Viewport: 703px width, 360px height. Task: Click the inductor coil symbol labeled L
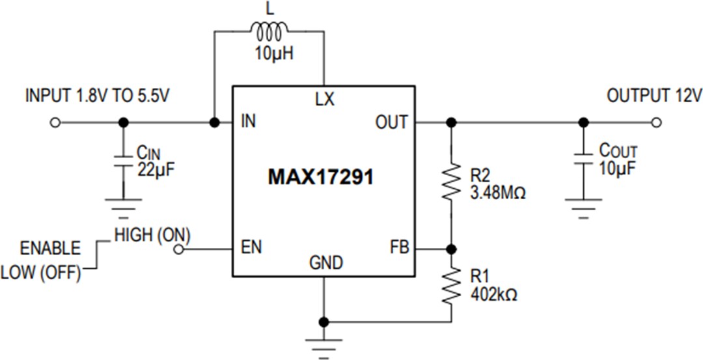tap(268, 31)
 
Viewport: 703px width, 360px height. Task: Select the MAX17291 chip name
tap(322, 177)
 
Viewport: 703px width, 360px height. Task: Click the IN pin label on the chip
tap(248, 122)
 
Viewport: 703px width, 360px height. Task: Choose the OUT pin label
tap(391, 122)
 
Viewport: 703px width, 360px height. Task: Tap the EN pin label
tap(251, 249)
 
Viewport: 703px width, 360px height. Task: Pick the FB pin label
tap(397, 249)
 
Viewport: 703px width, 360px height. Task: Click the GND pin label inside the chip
tap(325, 263)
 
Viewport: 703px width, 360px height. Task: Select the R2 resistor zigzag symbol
tap(451, 184)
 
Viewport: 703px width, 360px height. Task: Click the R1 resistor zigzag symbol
tap(451, 287)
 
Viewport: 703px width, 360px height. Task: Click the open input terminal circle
tap(56, 122)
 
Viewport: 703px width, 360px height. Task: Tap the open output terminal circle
tap(656, 122)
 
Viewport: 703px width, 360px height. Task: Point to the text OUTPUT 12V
tap(654, 96)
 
